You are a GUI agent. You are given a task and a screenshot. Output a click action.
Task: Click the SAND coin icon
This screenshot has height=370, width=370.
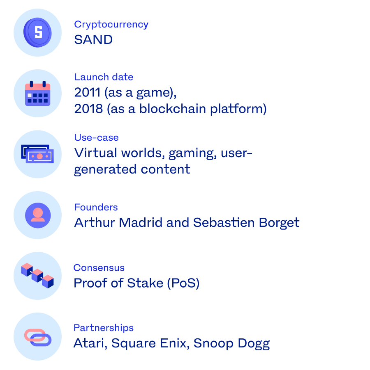37,32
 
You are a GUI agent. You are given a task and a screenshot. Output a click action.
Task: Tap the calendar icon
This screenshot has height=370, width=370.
37,94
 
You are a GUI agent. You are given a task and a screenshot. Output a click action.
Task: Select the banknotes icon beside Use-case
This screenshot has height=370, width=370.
37,154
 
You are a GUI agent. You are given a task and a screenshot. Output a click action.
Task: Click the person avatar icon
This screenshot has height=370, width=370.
37,215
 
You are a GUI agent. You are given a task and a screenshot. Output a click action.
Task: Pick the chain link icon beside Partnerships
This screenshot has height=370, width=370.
37,337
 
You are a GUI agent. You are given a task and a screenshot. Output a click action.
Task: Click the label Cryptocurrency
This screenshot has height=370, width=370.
111,24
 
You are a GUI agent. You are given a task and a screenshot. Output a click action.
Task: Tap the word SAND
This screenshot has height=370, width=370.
93,40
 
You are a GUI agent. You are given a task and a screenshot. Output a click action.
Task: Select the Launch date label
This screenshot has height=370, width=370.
104,77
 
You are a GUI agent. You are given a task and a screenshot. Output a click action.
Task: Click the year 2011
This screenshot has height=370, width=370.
88,93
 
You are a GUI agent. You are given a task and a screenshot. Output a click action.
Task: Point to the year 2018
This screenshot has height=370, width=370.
88,109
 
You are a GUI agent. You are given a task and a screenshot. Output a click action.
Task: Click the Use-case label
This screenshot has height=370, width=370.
96,137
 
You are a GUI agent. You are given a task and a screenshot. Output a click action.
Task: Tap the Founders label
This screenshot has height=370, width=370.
96,207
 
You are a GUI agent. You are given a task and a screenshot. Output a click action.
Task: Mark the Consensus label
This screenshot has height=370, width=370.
99,268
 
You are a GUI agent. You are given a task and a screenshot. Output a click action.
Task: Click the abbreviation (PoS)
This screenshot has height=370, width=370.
183,283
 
